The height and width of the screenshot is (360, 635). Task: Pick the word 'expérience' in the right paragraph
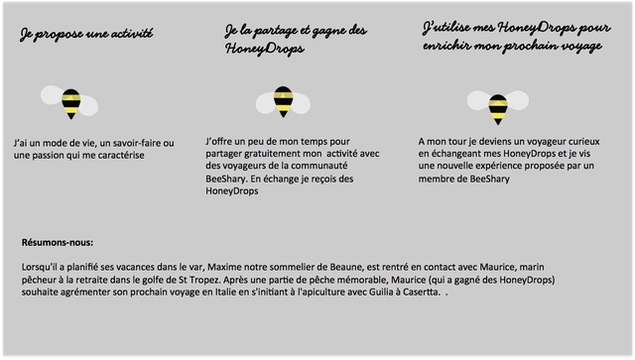tap(509, 167)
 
